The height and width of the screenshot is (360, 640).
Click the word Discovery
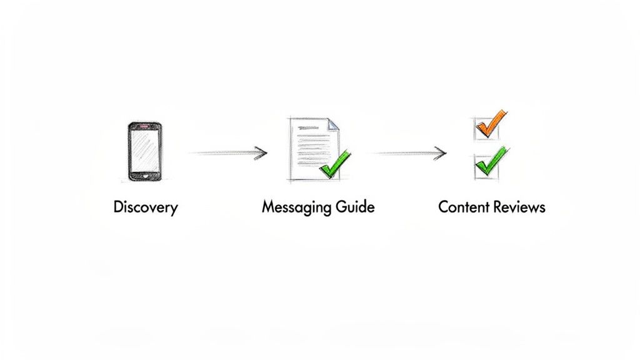[x=146, y=207]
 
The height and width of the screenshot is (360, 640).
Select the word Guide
[x=353, y=207]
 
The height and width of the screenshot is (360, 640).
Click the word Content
[x=462, y=207]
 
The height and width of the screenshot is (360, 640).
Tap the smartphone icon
[x=144, y=152]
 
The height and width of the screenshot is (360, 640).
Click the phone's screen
[x=144, y=151]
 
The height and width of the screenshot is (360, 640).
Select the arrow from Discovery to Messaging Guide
[x=228, y=152]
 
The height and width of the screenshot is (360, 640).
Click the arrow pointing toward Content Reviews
[x=409, y=152]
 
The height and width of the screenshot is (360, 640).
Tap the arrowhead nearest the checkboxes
[x=442, y=152]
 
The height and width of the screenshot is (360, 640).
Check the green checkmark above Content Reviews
[x=491, y=162]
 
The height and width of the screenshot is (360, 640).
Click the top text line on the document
[x=312, y=128]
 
